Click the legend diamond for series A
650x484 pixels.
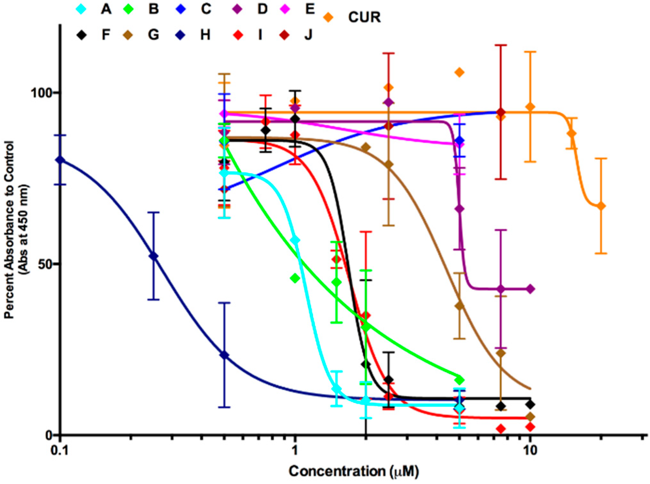[x=82, y=9]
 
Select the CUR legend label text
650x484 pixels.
[x=365, y=17]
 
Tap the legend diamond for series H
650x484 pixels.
[x=181, y=35]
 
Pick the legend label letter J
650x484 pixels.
[x=308, y=35]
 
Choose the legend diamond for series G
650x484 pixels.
[x=128, y=35]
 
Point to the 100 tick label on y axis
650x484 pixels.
[x=41, y=93]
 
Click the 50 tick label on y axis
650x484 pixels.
[x=45, y=264]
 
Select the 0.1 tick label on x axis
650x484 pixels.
[x=60, y=450]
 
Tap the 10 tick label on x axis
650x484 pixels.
[x=530, y=450]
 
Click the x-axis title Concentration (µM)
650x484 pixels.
[x=354, y=471]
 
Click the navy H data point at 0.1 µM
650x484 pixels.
[x=60, y=160]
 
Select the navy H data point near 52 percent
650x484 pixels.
[x=154, y=256]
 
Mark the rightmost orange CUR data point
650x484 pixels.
[x=601, y=206]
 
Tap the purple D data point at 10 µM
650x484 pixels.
[x=530, y=289]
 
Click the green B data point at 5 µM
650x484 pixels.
[x=460, y=380]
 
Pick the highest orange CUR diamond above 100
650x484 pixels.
[x=460, y=73]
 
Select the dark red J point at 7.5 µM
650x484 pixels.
[x=501, y=112]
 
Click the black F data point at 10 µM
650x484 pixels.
[x=530, y=404]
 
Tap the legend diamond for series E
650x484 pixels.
[x=285, y=9]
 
